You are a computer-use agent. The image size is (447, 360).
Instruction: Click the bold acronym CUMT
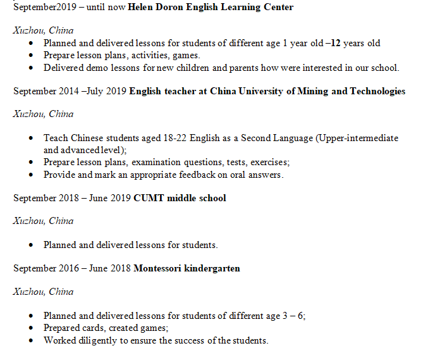click(147, 198)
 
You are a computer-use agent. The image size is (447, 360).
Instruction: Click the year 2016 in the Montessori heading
click(68, 268)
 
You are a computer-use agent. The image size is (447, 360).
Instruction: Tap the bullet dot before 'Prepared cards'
click(33, 328)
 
